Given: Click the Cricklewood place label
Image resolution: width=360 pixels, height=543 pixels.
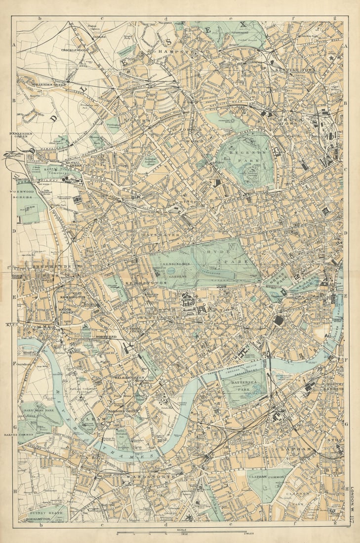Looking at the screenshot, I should pyautogui.click(x=74, y=50).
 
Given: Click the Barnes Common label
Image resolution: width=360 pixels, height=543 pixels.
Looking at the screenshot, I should pyautogui.click(x=20, y=434).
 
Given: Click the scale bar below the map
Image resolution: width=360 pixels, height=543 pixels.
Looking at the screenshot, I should pyautogui.click(x=181, y=533).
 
